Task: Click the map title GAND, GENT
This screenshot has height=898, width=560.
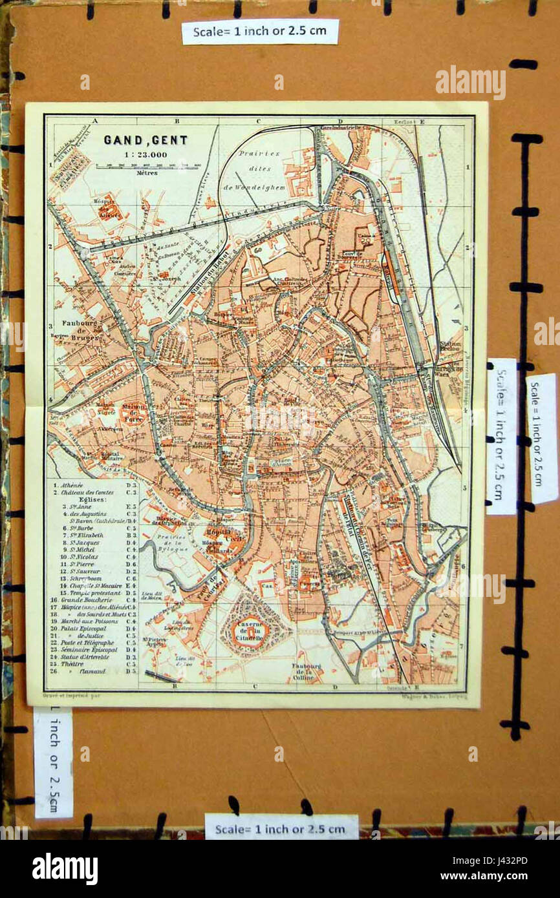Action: click(x=145, y=140)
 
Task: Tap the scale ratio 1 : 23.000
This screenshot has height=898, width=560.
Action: click(x=145, y=154)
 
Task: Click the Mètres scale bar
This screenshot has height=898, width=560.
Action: click(x=146, y=167)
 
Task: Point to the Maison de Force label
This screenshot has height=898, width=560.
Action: click(x=134, y=412)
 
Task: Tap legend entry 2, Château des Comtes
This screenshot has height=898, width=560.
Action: click(x=87, y=492)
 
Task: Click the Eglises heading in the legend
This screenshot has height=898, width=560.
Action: click(x=83, y=499)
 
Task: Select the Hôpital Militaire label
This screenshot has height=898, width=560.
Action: click(x=110, y=457)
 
